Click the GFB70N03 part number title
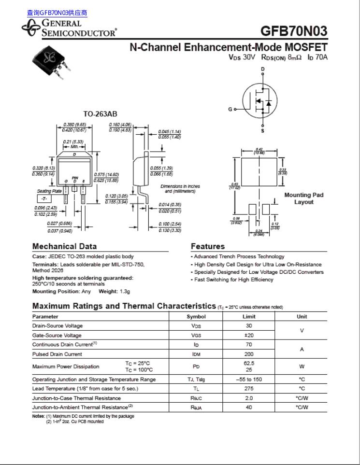(293, 31)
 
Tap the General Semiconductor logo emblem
(31, 28)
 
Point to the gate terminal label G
(230, 109)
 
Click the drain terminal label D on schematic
(263, 69)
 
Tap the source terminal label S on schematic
(263, 131)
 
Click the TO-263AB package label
(100, 114)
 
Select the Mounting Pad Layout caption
(303, 198)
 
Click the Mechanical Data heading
(64, 246)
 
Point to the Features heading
(208, 246)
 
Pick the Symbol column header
(196, 317)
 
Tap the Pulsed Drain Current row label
(57, 354)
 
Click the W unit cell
(302, 366)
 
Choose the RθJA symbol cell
(196, 407)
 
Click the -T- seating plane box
(43, 199)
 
